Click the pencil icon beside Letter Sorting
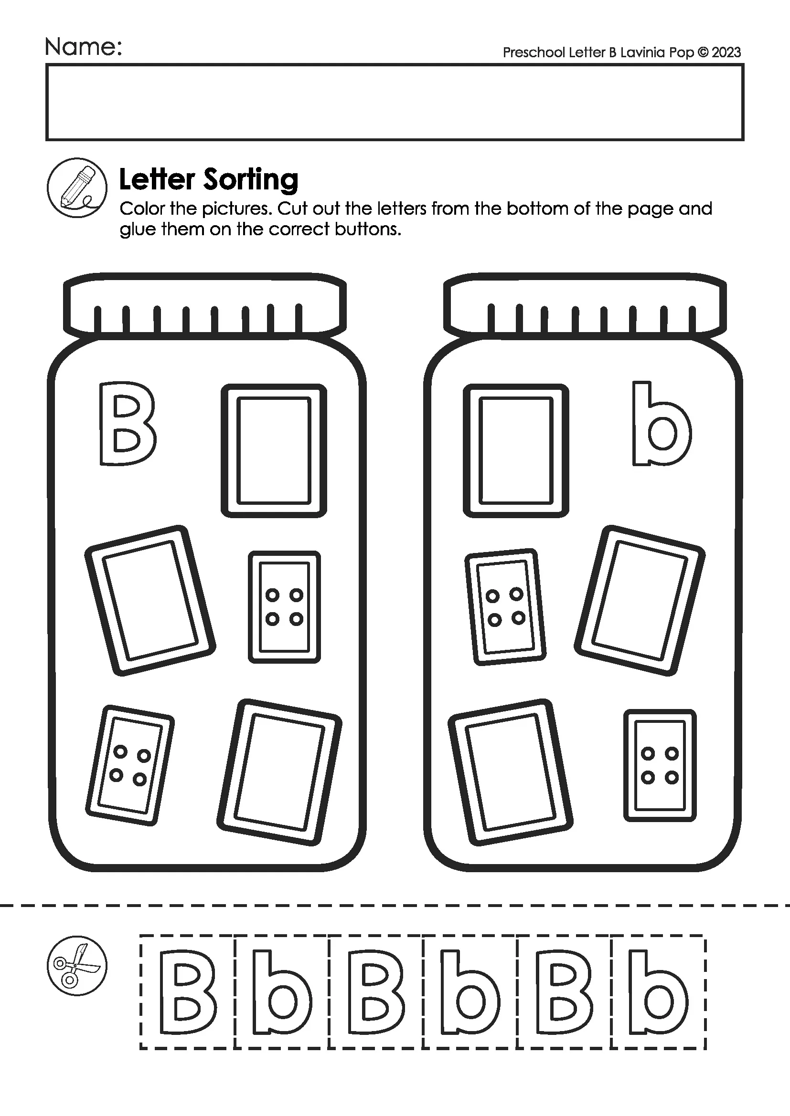pos(77,188)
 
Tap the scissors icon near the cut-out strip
pos(77,966)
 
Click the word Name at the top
pos(83,47)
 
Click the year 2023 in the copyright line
pos(726,52)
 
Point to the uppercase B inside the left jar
pos(128,424)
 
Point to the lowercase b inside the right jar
pos(661,424)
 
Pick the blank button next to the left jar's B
pos(274,450)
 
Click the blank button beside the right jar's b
pos(516,450)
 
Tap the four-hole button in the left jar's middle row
pos(284,606)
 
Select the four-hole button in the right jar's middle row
pos(505,607)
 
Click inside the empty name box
pos(395,103)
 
